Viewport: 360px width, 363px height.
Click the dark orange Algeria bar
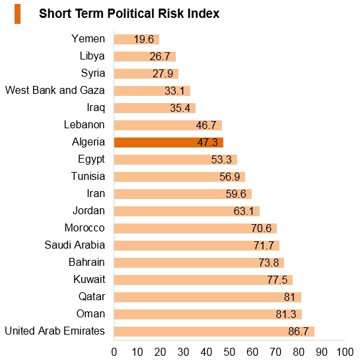[168, 142]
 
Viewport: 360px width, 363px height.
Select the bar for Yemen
[137, 39]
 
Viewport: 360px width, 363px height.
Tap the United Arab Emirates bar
[214, 331]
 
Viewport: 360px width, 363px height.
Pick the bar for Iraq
[155, 108]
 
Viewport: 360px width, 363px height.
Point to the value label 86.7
[299, 331]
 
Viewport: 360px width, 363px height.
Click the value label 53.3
[221, 159]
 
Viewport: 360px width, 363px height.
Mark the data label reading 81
[289, 297]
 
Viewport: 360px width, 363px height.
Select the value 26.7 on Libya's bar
[160, 56]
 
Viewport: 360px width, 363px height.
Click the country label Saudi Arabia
[75, 245]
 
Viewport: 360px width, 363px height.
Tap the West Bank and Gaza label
[55, 91]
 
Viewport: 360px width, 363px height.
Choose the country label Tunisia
[88, 176]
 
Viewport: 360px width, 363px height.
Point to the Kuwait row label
[89, 280]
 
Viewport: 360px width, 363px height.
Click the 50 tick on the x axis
[229, 352]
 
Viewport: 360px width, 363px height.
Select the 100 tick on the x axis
[345, 352]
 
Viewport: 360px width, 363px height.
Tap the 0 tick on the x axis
[114, 352]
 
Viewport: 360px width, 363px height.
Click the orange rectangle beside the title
[18, 14]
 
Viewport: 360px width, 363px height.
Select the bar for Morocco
[196, 228]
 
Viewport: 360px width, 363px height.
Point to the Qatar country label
[92, 297]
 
